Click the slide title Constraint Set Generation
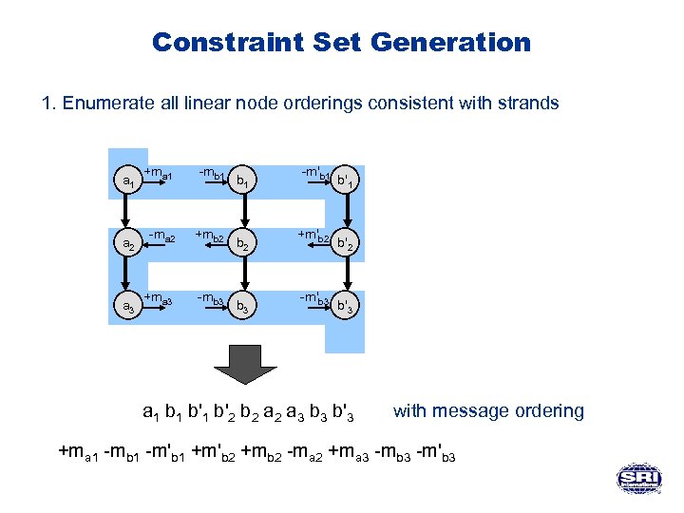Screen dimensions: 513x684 (x=341, y=43)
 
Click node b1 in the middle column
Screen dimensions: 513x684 (x=244, y=180)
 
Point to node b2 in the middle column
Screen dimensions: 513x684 (x=244, y=244)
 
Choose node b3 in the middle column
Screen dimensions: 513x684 (x=244, y=308)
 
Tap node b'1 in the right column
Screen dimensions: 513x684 (x=349, y=180)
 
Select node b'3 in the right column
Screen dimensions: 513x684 (x=349, y=308)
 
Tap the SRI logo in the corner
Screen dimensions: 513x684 (x=639, y=479)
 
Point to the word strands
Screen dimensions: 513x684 (x=526, y=104)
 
